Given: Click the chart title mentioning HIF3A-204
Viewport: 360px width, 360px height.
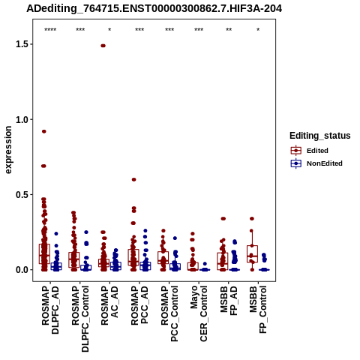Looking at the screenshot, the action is [154, 9].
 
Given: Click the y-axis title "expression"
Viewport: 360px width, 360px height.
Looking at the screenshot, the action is [8, 150].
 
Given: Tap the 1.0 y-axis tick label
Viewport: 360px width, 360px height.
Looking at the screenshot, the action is [21, 119].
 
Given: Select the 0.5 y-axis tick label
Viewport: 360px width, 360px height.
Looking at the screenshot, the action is [21, 195].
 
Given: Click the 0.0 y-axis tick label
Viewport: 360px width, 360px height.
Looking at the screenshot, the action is [21, 270].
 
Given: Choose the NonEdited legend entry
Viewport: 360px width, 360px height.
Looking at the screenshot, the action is [316, 163].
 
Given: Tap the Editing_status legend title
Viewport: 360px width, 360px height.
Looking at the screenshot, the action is [320, 136].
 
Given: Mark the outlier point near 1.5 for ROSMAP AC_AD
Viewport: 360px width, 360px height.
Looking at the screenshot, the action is [103, 46].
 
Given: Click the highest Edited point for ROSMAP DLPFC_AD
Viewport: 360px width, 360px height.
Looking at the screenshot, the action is [44, 131].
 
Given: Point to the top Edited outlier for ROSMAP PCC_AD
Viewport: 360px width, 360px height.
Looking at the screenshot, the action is [134, 179].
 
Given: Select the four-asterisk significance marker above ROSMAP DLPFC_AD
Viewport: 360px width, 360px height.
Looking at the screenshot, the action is [50, 30].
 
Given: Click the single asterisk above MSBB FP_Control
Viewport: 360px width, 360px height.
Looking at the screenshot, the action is [258, 30].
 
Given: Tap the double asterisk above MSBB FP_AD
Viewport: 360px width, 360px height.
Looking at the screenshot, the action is [229, 30].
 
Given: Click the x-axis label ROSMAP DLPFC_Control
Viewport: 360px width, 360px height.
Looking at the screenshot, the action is [80, 319].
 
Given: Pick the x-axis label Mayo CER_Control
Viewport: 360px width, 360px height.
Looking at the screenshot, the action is [199, 313].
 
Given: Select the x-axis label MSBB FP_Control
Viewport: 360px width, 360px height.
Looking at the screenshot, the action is [258, 310].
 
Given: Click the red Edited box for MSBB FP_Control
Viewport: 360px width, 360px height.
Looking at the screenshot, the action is [252, 253].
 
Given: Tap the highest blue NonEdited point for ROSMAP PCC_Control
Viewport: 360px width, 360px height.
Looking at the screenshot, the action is [175, 238].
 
